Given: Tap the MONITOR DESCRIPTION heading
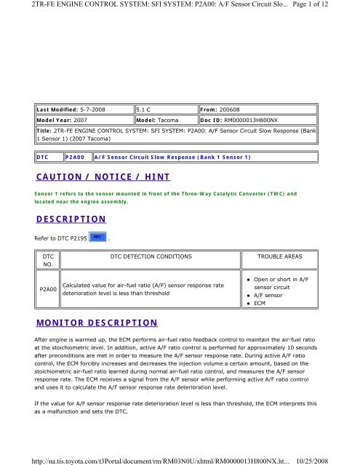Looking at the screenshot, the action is pos(97,320).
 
